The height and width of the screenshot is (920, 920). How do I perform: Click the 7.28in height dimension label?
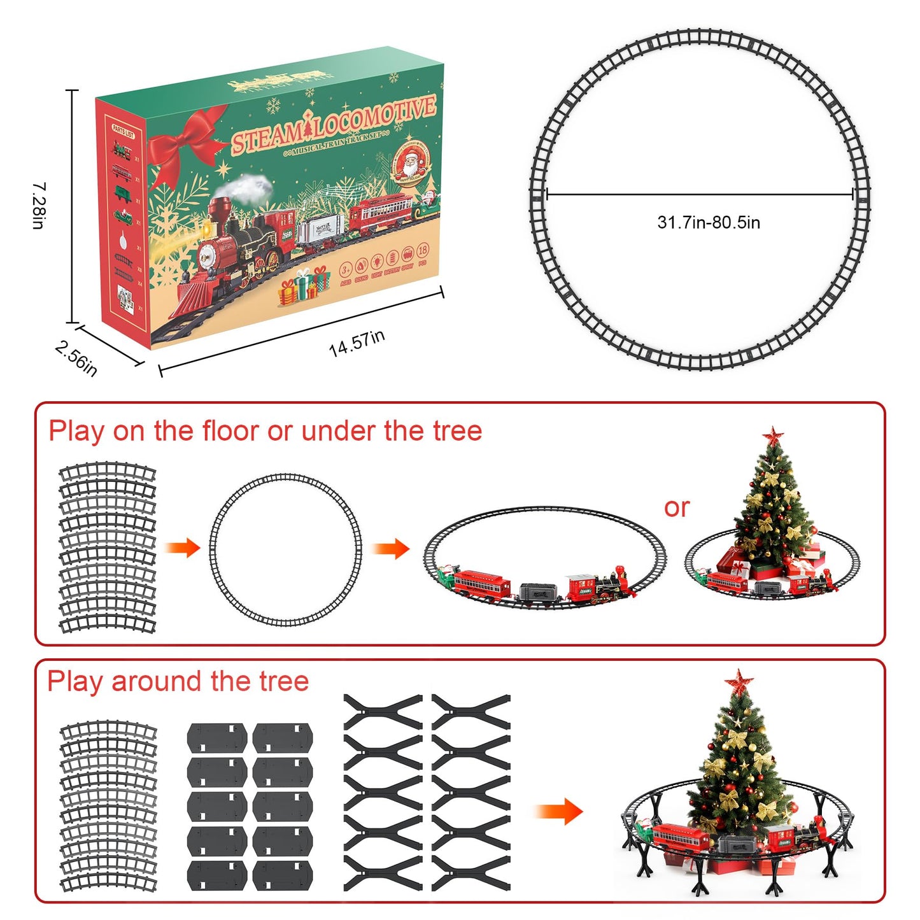tap(39, 206)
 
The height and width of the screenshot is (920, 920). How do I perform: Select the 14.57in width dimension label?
tap(357, 343)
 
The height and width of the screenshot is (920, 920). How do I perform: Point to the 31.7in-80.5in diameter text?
tap(708, 222)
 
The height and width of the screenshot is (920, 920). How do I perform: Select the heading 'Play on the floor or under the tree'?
tap(265, 431)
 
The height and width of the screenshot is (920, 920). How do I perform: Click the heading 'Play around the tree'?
tap(178, 681)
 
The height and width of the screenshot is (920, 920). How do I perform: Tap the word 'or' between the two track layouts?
tap(676, 507)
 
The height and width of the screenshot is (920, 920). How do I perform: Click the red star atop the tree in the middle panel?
tap(773, 436)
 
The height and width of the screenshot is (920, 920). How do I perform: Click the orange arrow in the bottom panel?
tap(558, 812)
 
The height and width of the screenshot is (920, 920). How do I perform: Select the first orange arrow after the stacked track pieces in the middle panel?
tap(183, 548)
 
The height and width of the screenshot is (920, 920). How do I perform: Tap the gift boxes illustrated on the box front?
tap(304, 285)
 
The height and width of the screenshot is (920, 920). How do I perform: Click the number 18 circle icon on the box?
tap(422, 250)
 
